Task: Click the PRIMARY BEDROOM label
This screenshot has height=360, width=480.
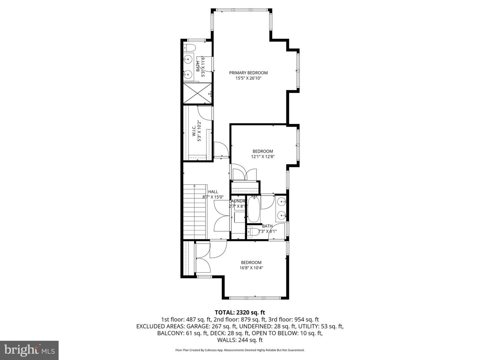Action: click(248, 73)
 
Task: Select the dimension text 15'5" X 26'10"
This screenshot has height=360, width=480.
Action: click(248, 78)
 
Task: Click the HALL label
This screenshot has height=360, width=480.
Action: click(213, 192)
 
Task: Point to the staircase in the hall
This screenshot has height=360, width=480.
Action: click(195, 211)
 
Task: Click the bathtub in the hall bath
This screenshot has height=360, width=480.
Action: click(254, 210)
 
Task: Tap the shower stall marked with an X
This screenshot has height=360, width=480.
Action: click(198, 93)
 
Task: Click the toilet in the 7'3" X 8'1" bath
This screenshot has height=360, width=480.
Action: click(252, 231)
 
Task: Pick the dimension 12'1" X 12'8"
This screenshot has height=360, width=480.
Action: click(263, 156)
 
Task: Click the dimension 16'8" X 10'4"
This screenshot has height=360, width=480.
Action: click(251, 268)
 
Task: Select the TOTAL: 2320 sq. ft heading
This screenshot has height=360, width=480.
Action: click(240, 312)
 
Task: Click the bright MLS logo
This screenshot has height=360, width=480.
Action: click(29, 350)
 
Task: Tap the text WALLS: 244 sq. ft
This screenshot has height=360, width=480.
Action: click(240, 340)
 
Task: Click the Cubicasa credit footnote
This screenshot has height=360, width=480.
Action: click(240, 350)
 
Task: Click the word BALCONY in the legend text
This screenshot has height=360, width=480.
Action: click(170, 333)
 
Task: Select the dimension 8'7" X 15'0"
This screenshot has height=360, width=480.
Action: click(213, 197)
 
